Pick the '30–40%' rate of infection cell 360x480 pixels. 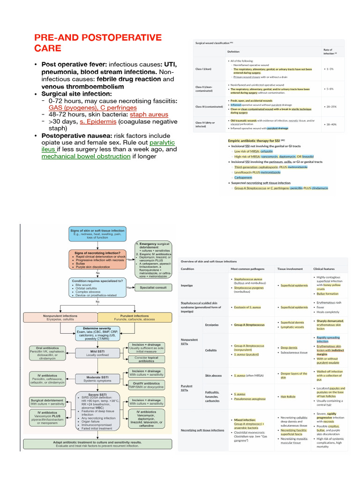point(330,124)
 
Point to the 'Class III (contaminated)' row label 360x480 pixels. point(209,106)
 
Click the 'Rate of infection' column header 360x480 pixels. point(328,51)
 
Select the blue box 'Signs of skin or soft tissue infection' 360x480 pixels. point(97,233)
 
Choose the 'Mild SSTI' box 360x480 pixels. point(97,352)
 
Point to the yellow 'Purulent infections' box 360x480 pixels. point(134,318)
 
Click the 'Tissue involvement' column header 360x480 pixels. point(290,269)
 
